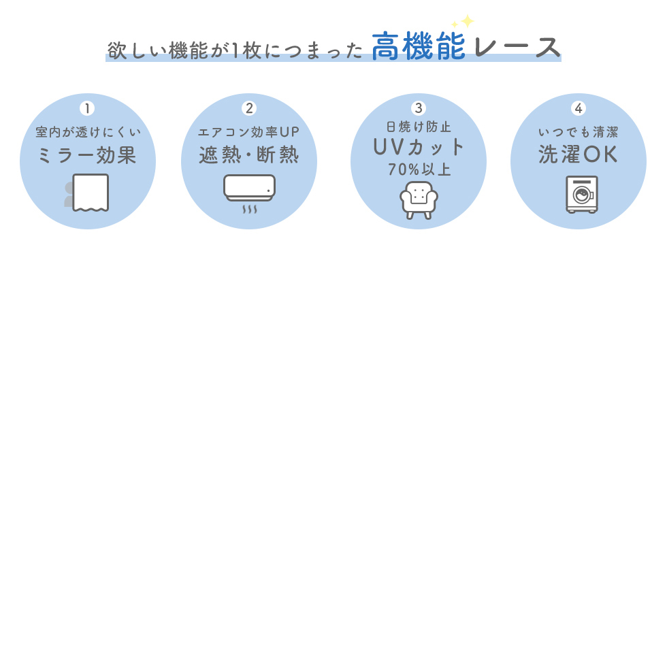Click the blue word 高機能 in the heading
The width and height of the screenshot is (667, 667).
[x=419, y=47]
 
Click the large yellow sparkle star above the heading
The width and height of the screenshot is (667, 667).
[x=467, y=20]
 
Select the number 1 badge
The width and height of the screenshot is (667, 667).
[x=87, y=108]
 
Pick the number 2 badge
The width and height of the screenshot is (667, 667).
[x=249, y=108]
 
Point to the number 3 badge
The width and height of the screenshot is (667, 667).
[x=419, y=108]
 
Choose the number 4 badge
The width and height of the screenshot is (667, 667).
[x=579, y=108]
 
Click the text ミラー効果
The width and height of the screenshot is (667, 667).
[x=87, y=155]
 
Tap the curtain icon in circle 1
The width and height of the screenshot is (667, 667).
[x=89, y=193]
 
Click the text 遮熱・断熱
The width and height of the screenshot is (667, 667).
[x=249, y=155]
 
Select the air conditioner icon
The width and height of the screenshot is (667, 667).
[x=249, y=188]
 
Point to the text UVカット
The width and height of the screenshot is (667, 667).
[x=419, y=147]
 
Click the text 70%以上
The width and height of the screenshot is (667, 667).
[x=419, y=170]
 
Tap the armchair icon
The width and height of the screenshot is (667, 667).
[x=419, y=199]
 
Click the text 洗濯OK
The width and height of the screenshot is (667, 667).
[x=579, y=155]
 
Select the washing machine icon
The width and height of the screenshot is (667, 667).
[x=581, y=195]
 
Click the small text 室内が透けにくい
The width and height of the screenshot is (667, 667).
[x=88, y=131]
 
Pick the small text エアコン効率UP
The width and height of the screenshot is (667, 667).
[x=249, y=131]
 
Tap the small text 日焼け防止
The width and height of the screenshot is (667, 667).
[x=419, y=127]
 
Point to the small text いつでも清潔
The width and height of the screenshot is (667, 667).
[x=579, y=131]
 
